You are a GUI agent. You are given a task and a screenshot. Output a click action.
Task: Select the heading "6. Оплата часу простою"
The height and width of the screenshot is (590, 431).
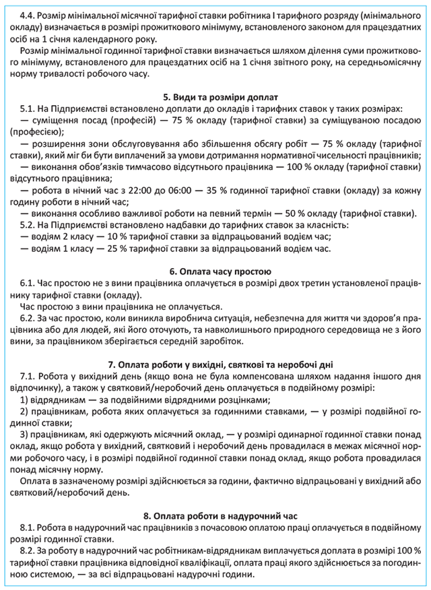[x=215, y=271]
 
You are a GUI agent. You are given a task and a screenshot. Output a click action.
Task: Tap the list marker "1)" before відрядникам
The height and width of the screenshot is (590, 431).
[x=25, y=399]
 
